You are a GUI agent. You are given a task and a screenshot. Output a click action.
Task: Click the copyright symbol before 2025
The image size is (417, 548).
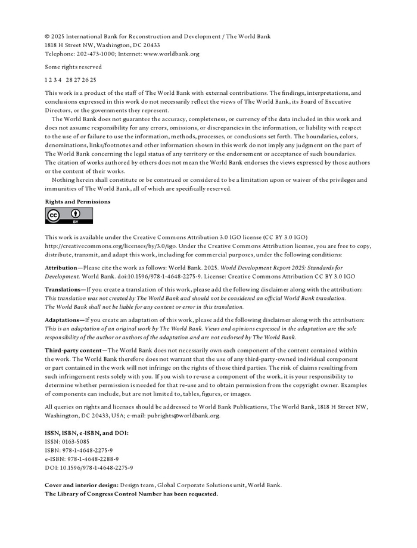(x=47, y=36)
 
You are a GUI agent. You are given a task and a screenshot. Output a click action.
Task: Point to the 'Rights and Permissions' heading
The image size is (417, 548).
(x=77, y=202)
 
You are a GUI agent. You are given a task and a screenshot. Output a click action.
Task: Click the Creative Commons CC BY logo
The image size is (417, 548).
(x=69, y=216)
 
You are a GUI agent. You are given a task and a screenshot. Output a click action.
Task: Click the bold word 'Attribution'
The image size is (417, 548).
(x=62, y=268)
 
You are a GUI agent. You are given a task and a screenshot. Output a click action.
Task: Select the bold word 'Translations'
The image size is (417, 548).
(x=63, y=290)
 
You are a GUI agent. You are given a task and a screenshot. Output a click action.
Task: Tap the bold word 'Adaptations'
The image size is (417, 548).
(x=63, y=320)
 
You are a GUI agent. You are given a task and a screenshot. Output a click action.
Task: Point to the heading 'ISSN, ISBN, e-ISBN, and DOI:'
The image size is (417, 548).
(x=86, y=433)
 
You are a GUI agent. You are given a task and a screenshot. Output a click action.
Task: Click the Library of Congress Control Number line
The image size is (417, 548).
(x=131, y=494)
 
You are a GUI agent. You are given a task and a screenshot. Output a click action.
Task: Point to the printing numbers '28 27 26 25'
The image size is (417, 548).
(x=81, y=80)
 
